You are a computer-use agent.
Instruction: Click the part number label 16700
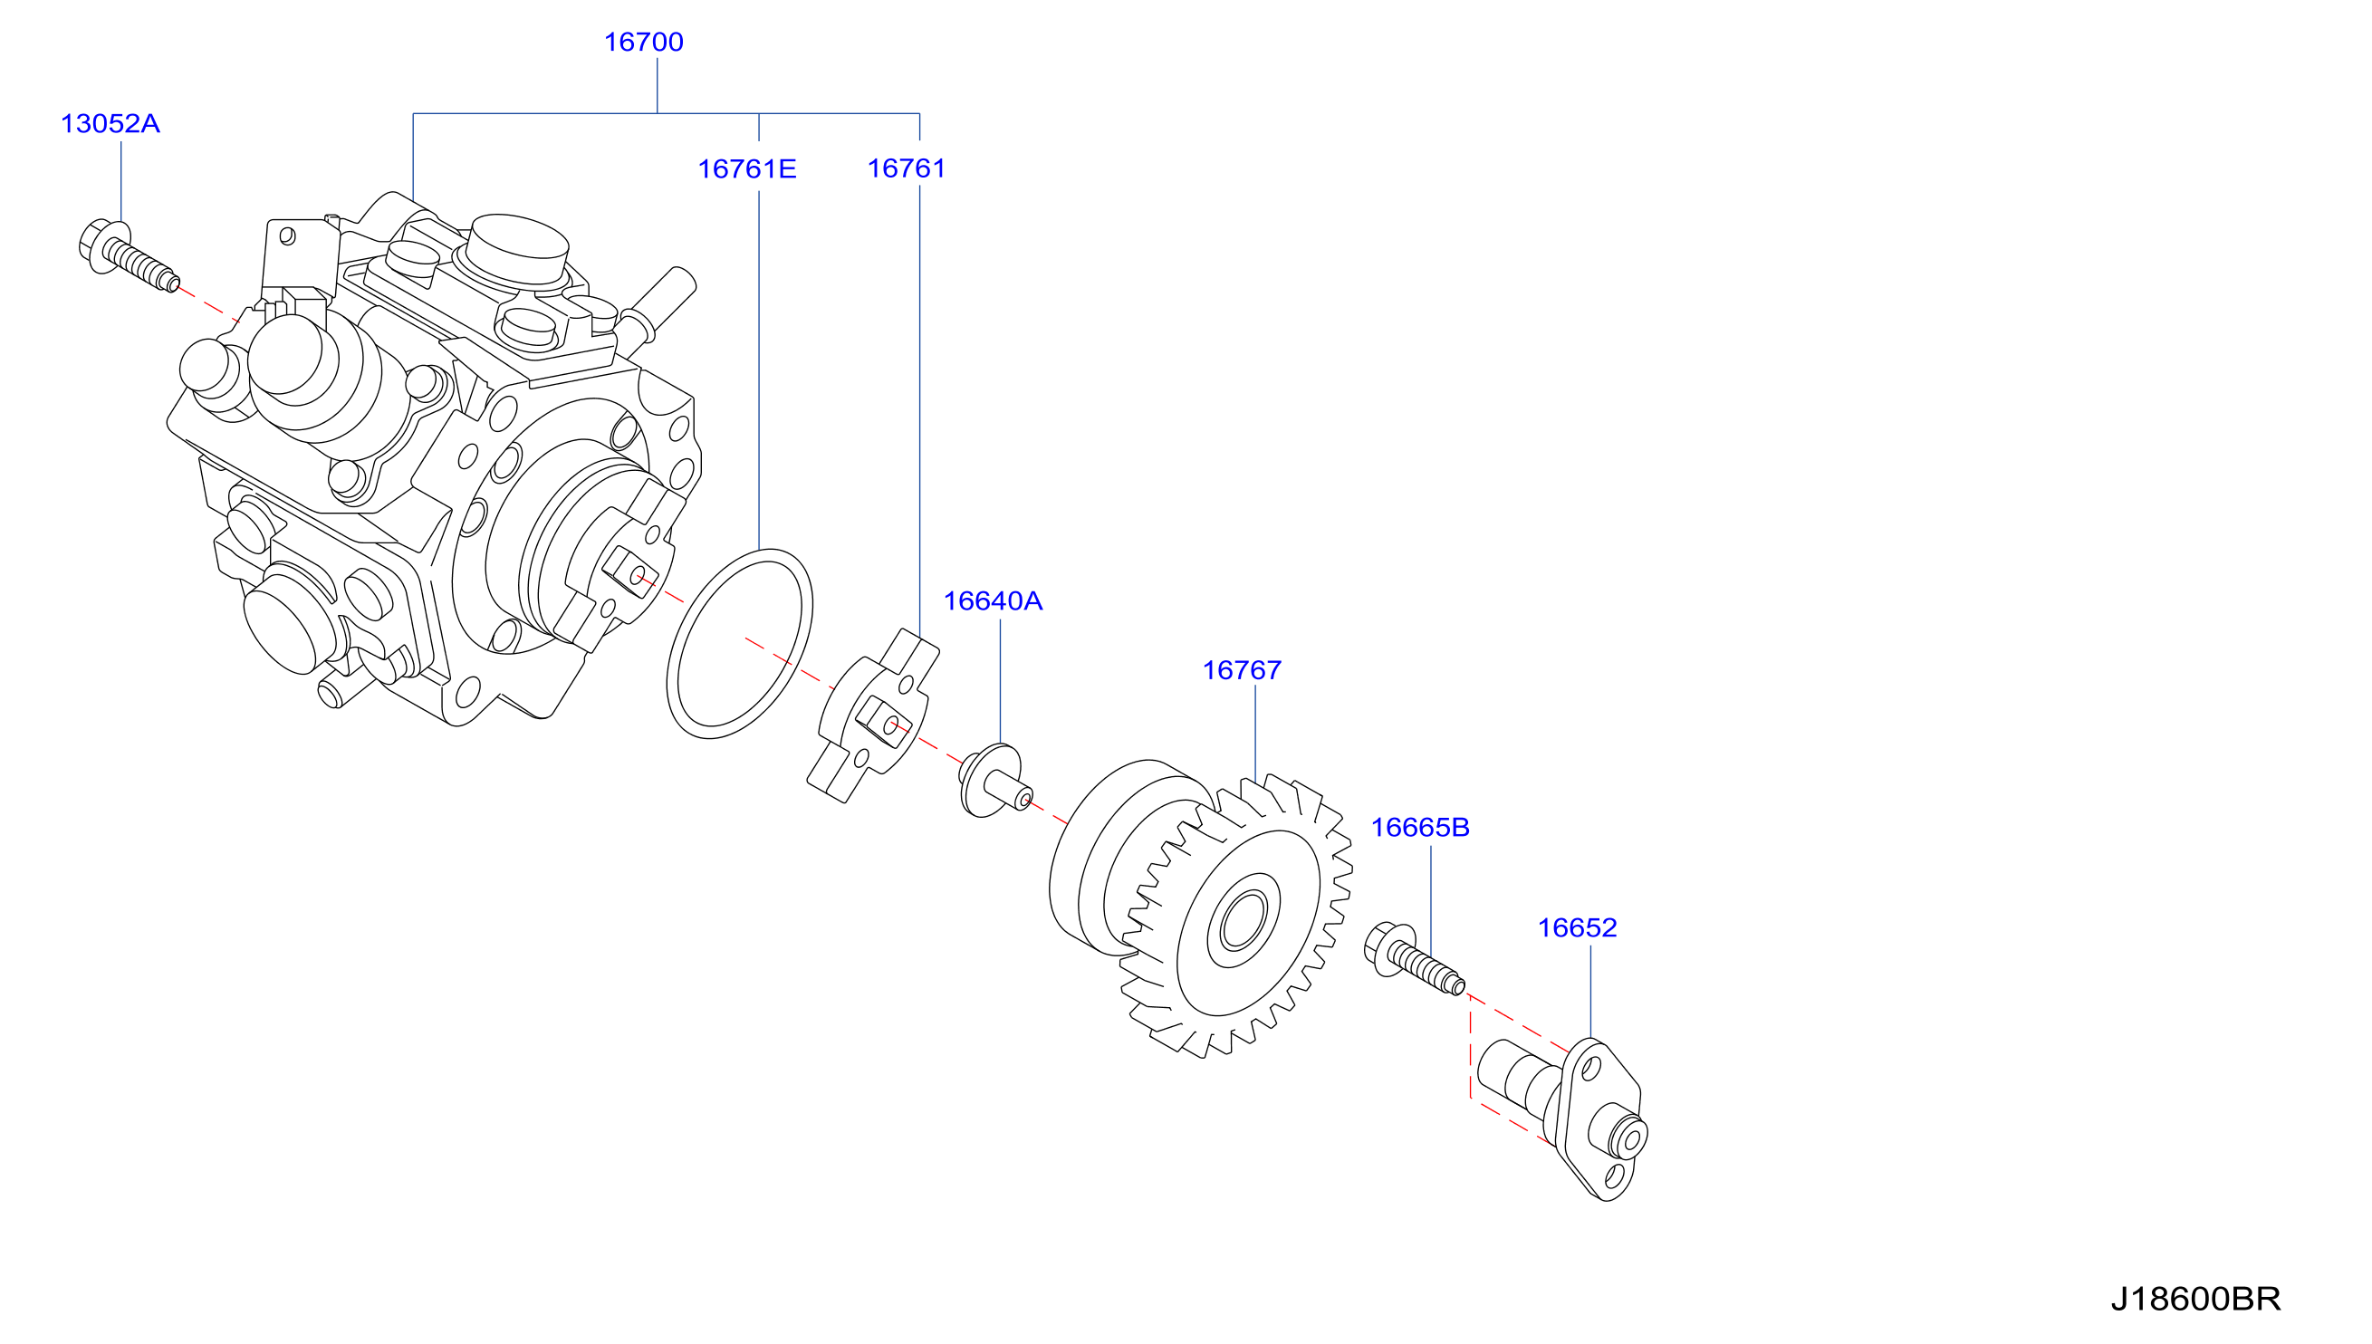point(643,43)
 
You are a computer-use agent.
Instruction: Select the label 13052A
point(110,124)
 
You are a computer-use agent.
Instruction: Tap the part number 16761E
point(746,169)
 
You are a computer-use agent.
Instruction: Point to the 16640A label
point(992,601)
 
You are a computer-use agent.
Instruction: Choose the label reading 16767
point(1242,670)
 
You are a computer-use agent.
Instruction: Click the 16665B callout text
point(1419,827)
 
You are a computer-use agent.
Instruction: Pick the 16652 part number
point(1578,927)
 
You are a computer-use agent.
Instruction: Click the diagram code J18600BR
point(2195,1300)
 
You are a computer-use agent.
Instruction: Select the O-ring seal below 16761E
point(739,643)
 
